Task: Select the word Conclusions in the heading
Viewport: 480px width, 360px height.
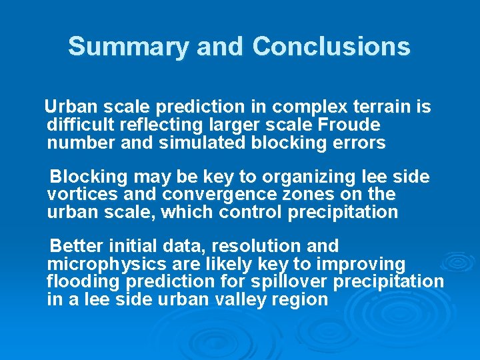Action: pyautogui.click(x=331, y=47)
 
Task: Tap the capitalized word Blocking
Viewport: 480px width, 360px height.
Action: pyautogui.click(x=89, y=177)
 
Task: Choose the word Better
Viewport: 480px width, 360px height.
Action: pyautogui.click(x=74, y=246)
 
